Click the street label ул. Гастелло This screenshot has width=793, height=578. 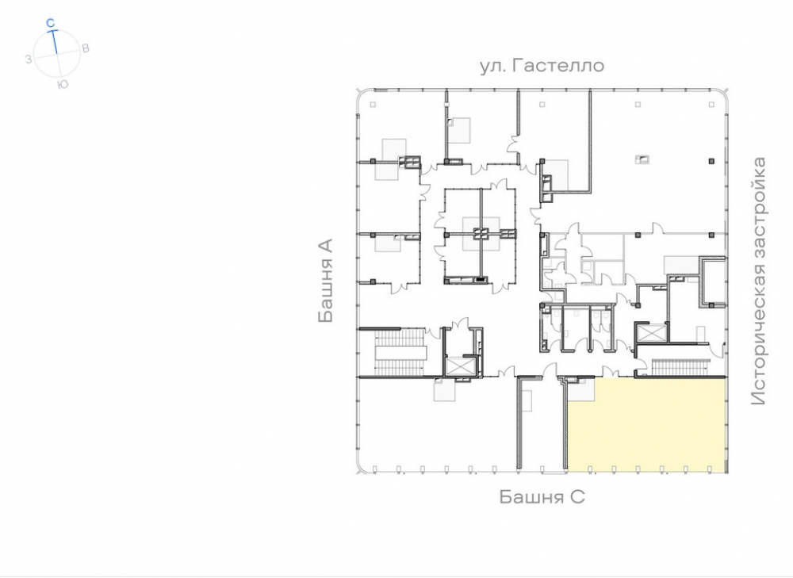(x=542, y=66)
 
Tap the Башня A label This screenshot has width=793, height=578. (x=326, y=281)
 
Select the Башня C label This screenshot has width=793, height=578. (x=542, y=496)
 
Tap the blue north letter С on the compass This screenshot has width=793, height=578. (x=50, y=23)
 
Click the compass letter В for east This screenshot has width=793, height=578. (x=86, y=48)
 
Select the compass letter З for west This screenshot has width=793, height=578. (x=29, y=59)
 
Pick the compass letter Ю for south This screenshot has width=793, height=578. (x=63, y=84)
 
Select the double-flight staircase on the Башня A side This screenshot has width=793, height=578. (x=400, y=352)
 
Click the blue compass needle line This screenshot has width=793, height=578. (x=54, y=41)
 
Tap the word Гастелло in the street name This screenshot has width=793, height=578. (x=558, y=66)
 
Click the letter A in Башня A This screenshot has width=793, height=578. (x=326, y=247)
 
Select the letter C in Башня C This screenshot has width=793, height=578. (x=578, y=496)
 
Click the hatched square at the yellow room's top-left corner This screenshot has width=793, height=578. (x=580, y=389)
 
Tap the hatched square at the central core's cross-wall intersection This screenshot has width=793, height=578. (x=481, y=234)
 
